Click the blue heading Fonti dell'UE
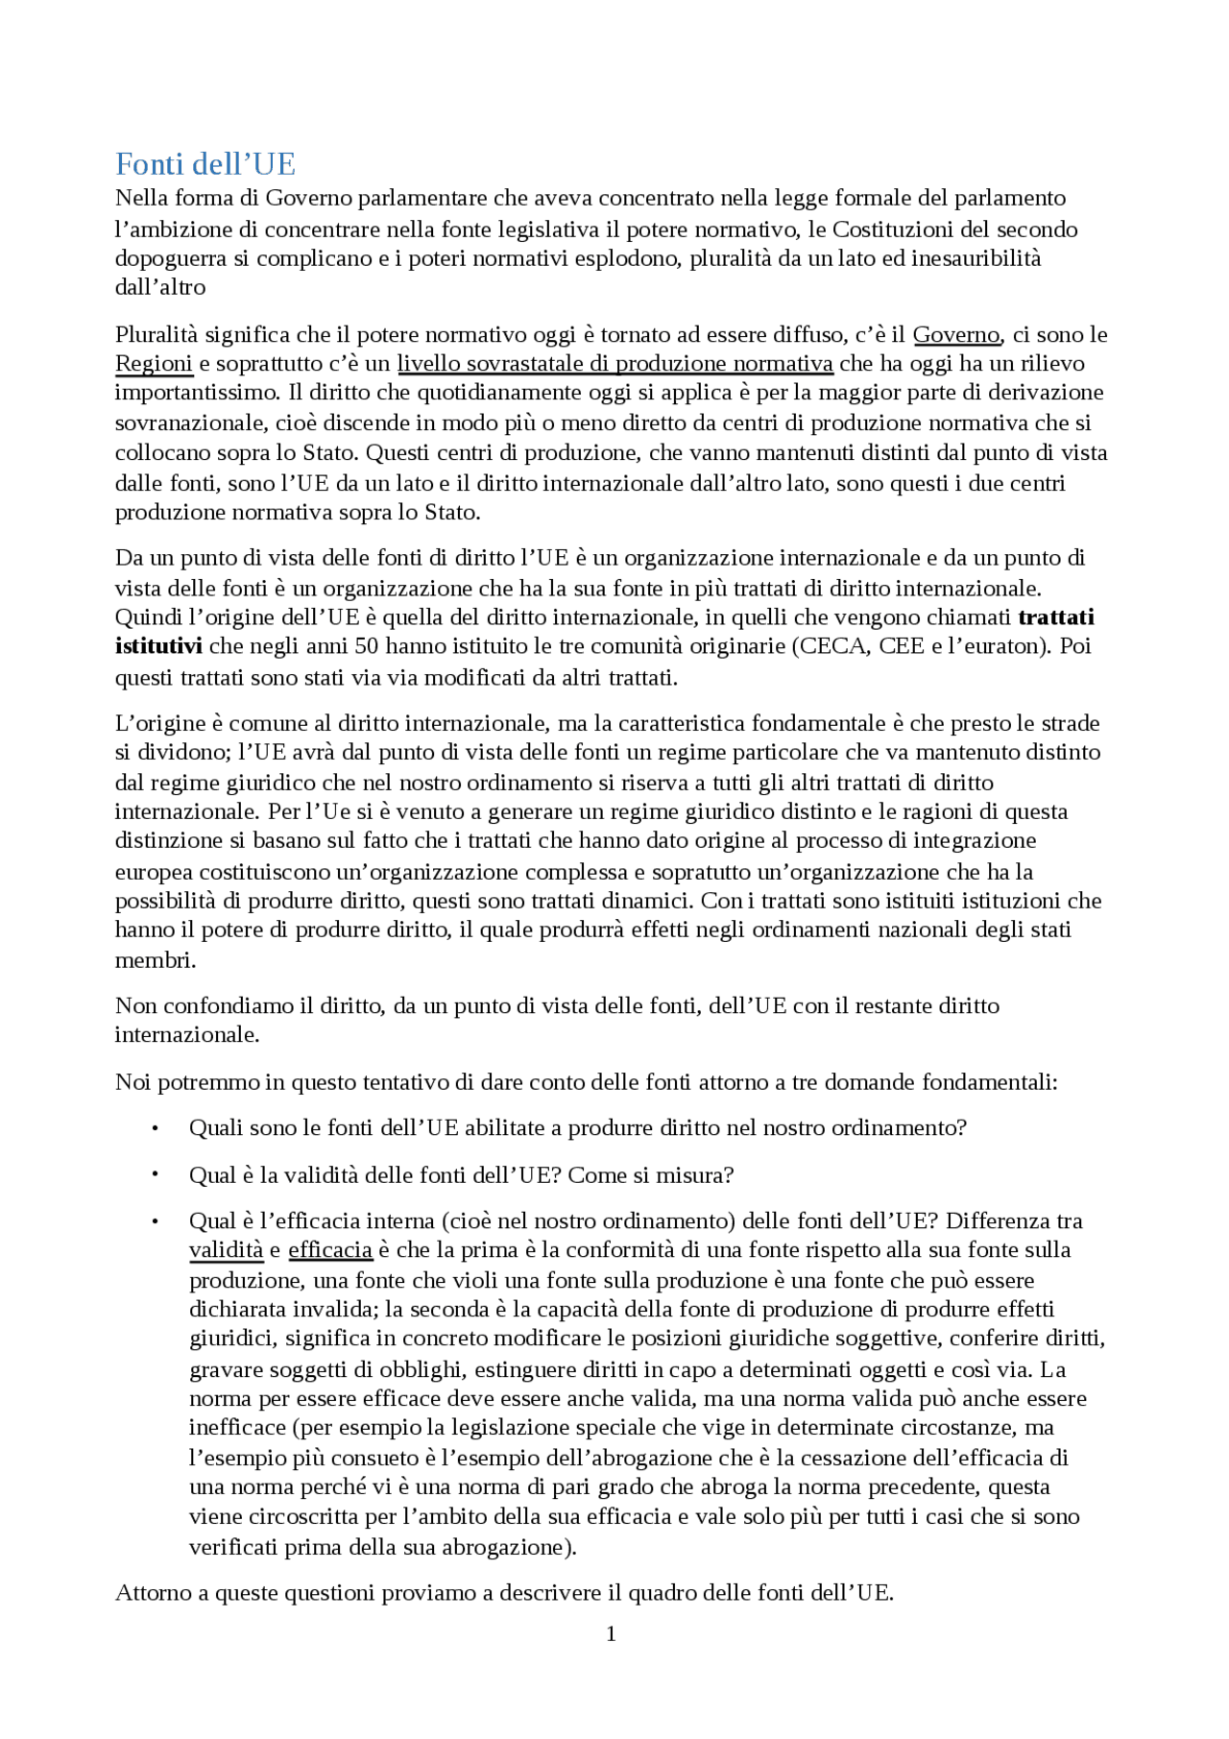[x=205, y=165]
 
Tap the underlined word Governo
[x=955, y=335]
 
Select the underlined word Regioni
[x=154, y=364]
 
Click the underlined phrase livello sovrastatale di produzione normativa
[x=614, y=364]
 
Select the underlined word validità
[x=226, y=1250]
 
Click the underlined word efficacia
[x=330, y=1250]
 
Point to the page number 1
[x=611, y=1633]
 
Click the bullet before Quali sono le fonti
[x=155, y=1128]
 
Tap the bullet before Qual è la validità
[x=155, y=1175]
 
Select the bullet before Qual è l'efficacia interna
[x=155, y=1221]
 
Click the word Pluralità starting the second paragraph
[x=157, y=335]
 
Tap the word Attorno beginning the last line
[x=154, y=1593]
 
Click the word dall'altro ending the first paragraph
[x=160, y=287]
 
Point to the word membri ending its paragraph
[x=155, y=960]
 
